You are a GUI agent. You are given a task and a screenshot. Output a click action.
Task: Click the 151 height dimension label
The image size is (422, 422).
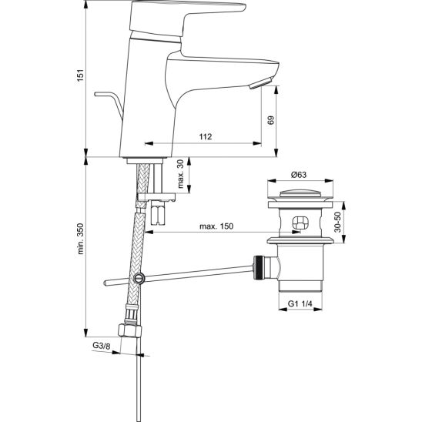click(80, 75)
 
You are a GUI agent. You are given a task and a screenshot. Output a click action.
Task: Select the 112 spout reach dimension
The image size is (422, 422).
click(206, 137)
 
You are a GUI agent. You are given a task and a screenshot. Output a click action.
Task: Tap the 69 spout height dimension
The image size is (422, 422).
click(270, 120)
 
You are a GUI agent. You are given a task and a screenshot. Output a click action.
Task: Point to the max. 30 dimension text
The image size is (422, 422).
click(181, 174)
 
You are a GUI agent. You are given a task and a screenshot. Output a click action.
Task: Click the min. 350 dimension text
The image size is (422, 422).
click(81, 239)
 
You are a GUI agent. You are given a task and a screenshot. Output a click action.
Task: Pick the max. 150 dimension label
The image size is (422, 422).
click(216, 226)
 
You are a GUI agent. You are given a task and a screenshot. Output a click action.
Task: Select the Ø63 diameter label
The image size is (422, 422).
click(299, 175)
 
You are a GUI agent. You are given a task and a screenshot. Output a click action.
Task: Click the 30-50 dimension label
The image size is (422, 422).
click(338, 222)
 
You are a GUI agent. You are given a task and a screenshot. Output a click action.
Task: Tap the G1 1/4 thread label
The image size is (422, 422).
click(300, 304)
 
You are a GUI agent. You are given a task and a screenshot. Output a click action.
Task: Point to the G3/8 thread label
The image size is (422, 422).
click(101, 346)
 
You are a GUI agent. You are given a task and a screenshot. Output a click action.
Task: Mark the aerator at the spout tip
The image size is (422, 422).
click(261, 83)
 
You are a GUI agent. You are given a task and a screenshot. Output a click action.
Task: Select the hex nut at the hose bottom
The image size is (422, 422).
click(130, 330)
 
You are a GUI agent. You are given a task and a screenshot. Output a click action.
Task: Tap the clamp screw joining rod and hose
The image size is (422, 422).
click(139, 278)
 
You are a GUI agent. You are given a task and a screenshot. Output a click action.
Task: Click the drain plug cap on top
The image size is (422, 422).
click(300, 193)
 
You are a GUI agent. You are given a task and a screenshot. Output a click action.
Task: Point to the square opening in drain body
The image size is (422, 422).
click(300, 223)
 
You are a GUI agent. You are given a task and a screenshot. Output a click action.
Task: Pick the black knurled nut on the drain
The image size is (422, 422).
click(259, 268)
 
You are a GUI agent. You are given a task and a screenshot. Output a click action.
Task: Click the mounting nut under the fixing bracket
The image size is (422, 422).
click(158, 213)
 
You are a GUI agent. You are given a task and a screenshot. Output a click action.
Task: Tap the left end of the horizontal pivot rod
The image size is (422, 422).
click(105, 283)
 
